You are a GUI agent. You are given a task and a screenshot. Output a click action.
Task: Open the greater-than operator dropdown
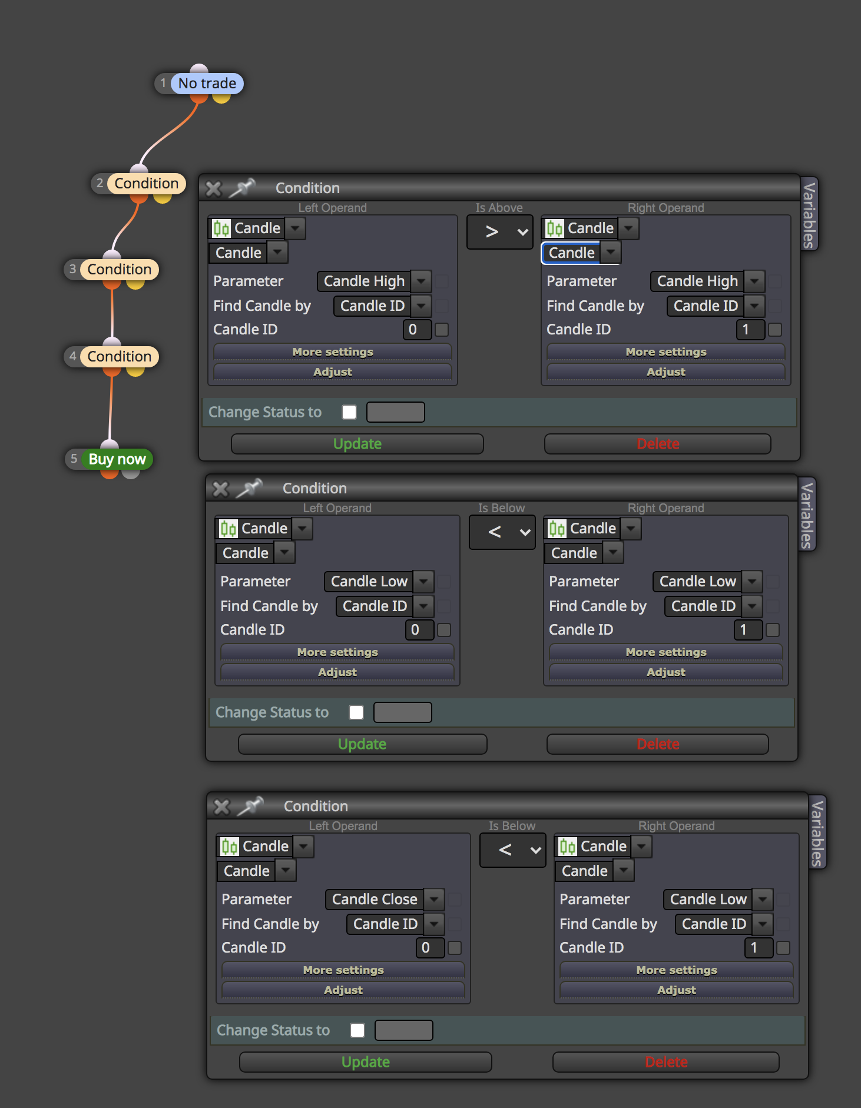(500, 232)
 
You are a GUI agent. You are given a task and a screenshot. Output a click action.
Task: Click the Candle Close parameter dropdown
(385, 899)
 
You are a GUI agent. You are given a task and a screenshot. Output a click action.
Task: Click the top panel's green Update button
(357, 444)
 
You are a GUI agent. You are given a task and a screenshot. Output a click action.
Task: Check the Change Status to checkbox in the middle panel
(356, 712)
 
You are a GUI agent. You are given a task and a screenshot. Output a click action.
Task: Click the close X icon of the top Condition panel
(213, 188)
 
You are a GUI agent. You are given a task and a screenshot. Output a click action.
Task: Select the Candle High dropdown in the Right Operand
(707, 281)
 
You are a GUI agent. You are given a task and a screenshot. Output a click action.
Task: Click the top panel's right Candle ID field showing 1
(750, 330)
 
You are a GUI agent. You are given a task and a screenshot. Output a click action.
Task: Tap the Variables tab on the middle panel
(807, 514)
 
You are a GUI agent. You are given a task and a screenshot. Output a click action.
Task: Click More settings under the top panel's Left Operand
(333, 352)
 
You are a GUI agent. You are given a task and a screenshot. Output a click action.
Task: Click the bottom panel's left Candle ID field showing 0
(430, 948)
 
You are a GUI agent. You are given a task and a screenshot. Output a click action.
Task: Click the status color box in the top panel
(396, 412)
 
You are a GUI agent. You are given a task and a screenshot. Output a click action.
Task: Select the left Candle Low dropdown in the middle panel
(379, 582)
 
